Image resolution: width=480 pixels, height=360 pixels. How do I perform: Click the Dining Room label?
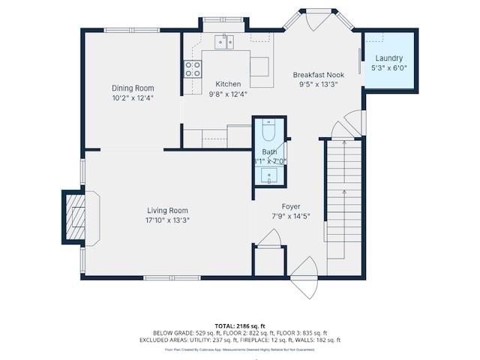(x=133, y=88)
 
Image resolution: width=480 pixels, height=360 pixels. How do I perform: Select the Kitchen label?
(x=228, y=84)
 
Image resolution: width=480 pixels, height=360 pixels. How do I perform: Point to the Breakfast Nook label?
(x=319, y=75)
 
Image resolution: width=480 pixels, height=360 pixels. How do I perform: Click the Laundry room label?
(x=389, y=58)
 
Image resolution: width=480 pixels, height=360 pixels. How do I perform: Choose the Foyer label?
(x=291, y=206)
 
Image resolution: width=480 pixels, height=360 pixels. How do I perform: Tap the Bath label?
(x=269, y=151)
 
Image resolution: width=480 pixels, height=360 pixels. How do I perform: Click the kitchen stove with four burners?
(x=193, y=69)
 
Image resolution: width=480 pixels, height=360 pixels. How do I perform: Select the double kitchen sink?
(x=224, y=41)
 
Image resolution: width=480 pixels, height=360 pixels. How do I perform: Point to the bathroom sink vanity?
(x=269, y=175)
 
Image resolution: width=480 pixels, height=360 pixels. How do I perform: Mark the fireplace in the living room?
(x=76, y=217)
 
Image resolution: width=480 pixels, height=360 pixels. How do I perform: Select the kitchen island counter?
(x=259, y=66)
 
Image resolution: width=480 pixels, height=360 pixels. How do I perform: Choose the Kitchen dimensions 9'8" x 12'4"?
(x=228, y=94)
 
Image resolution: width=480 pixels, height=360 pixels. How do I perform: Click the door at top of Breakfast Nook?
(x=310, y=22)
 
